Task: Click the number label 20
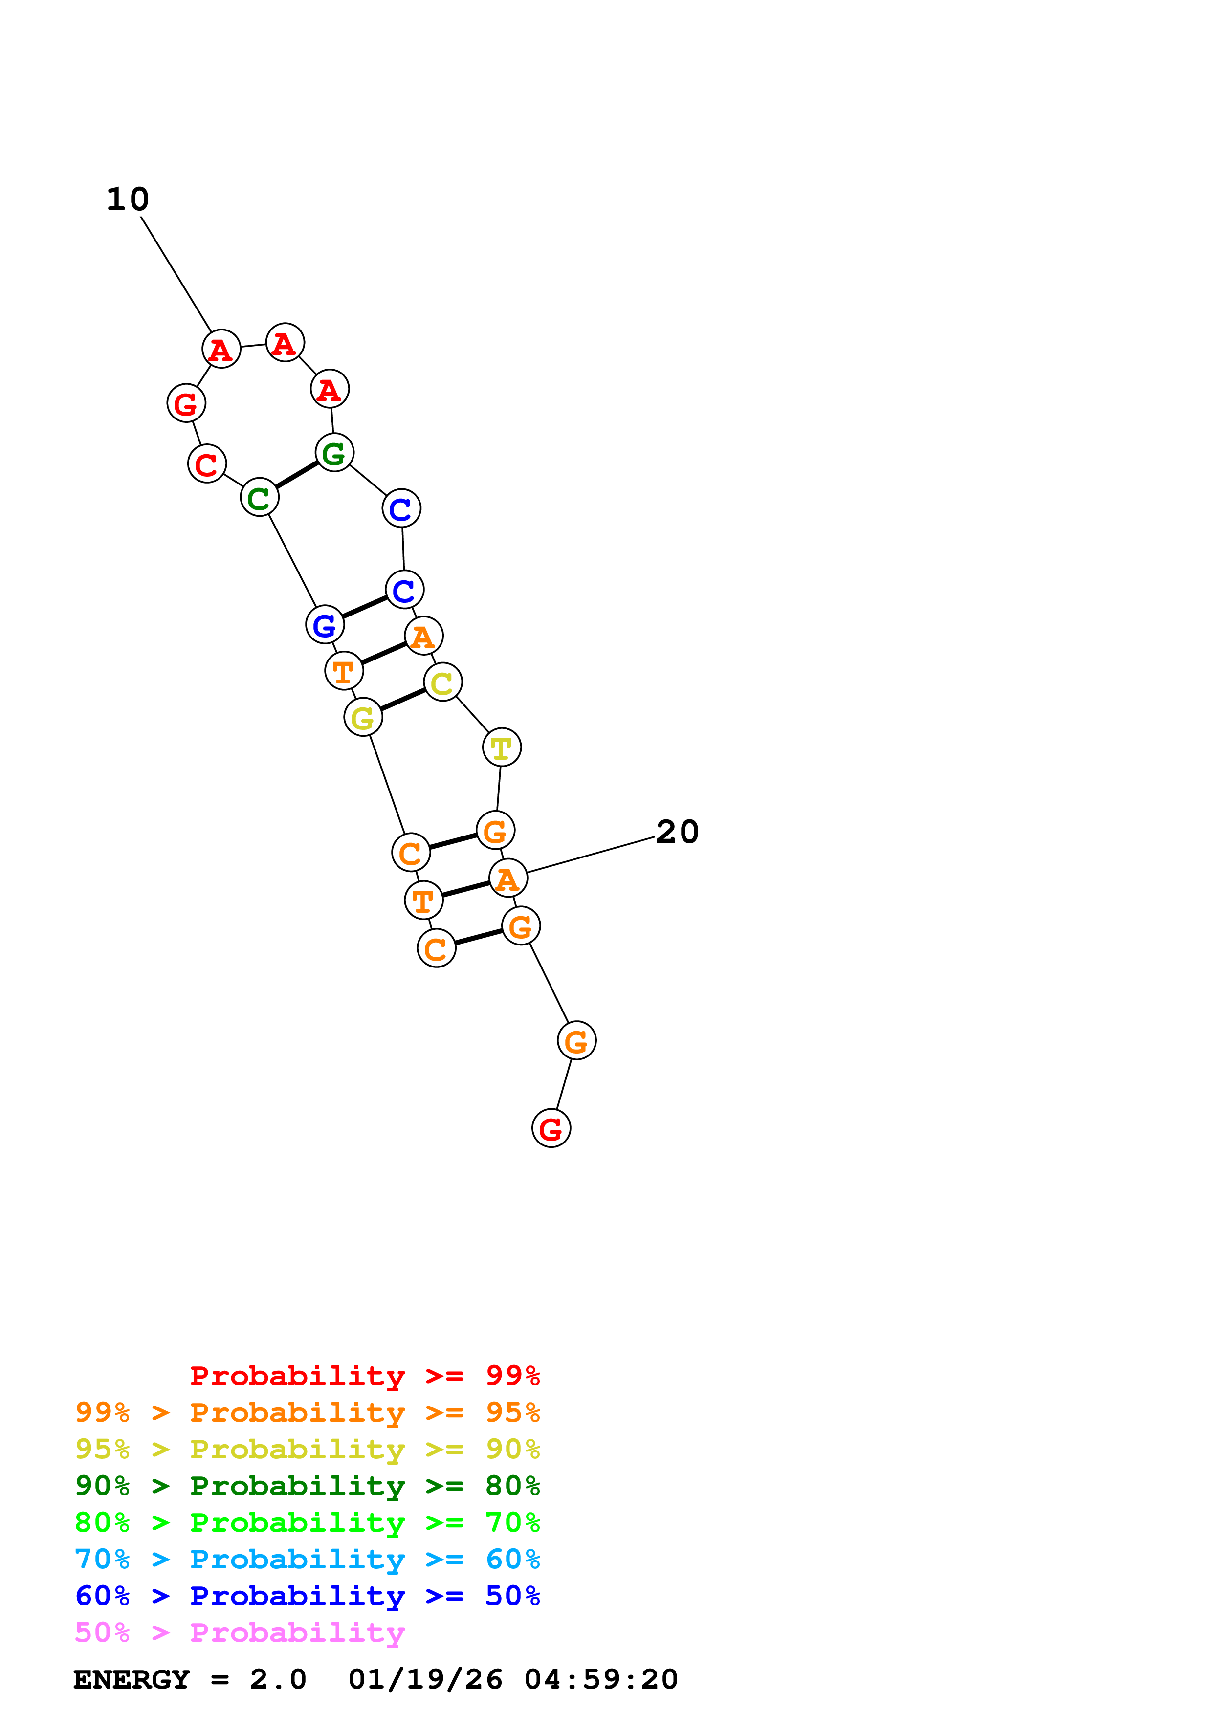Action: click(x=677, y=832)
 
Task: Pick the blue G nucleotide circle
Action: click(x=325, y=624)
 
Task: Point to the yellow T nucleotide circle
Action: click(x=501, y=747)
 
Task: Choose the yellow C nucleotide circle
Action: click(x=443, y=682)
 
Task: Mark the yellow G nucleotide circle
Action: click(x=363, y=718)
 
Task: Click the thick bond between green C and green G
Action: click(x=296, y=475)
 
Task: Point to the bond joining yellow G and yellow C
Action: click(x=402, y=700)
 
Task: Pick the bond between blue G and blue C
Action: click(x=364, y=607)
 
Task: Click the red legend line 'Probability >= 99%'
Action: click(x=364, y=1376)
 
